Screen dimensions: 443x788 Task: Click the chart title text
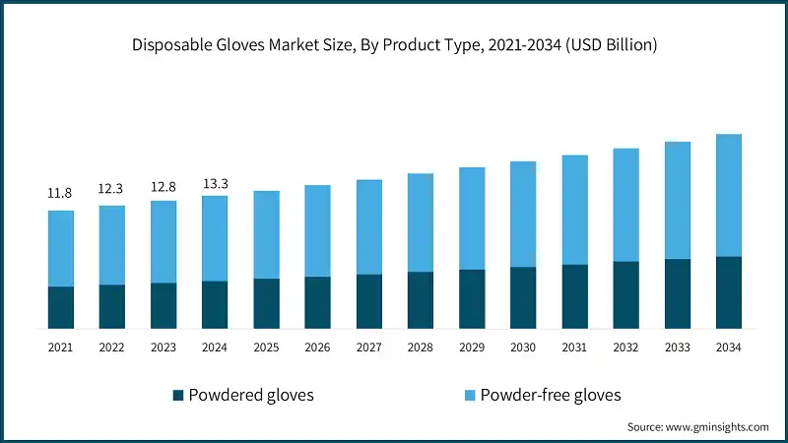(394, 44)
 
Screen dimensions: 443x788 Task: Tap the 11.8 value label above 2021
(60, 194)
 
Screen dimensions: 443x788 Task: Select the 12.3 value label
(111, 189)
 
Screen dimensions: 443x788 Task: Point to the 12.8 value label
(163, 185)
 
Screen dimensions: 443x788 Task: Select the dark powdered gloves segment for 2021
(60, 307)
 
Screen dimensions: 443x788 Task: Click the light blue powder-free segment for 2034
(728, 195)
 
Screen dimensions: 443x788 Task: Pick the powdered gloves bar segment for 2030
(523, 297)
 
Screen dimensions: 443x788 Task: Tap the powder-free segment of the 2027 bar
(368, 226)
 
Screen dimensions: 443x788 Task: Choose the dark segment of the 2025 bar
(266, 303)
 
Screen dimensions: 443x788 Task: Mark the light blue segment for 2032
(625, 205)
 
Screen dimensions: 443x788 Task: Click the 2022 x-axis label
(111, 348)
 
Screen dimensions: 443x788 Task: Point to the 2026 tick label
(317, 348)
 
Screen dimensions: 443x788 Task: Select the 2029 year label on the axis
(472, 348)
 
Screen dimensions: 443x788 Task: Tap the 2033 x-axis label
(677, 348)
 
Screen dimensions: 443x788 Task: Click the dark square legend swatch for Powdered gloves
(178, 396)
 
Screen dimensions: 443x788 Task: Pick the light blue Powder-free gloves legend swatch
(470, 396)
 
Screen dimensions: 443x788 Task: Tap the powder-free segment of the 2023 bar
(163, 241)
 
